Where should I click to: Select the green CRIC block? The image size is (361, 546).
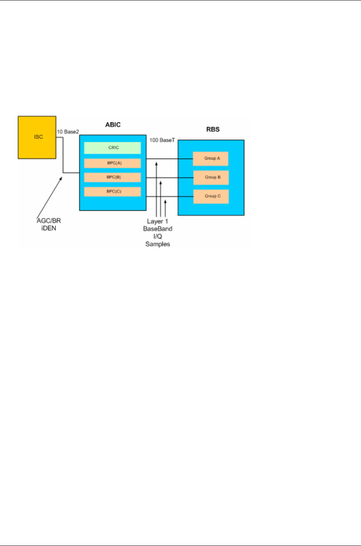(x=112, y=148)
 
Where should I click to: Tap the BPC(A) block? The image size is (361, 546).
(x=112, y=163)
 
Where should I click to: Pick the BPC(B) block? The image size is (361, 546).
(x=112, y=177)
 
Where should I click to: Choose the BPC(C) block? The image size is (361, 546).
(x=112, y=192)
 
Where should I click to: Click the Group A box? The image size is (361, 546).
(x=210, y=159)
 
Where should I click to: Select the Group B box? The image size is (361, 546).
(x=210, y=177)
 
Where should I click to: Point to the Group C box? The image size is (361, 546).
(x=210, y=196)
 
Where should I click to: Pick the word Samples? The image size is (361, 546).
(x=158, y=244)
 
